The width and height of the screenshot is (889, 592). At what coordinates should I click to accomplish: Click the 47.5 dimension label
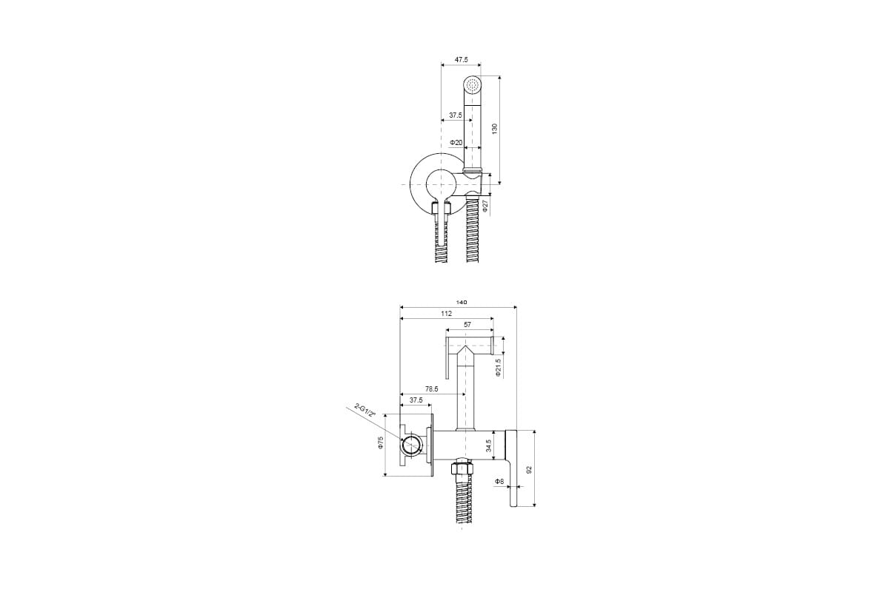(461, 59)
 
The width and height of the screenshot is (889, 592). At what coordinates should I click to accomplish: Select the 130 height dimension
(494, 129)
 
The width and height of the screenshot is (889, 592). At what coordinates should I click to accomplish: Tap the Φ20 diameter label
(456, 142)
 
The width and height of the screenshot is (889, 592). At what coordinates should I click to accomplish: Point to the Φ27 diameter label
(485, 206)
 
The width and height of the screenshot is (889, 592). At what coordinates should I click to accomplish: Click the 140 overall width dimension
(461, 303)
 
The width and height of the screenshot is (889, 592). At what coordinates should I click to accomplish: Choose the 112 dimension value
(447, 314)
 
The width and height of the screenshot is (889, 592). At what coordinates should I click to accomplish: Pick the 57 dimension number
(467, 325)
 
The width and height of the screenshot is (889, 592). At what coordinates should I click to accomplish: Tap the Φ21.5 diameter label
(499, 367)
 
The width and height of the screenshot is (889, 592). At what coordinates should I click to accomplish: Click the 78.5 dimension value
(431, 389)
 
